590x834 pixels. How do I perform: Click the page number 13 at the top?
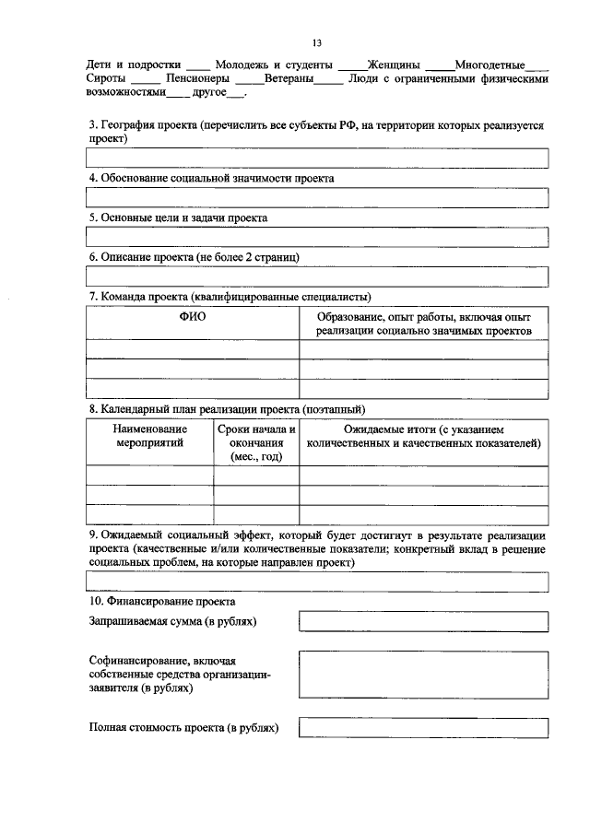click(x=316, y=42)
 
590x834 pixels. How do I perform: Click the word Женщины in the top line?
click(x=395, y=65)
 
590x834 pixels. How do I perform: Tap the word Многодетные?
click(x=490, y=65)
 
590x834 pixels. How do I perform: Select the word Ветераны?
click(x=289, y=79)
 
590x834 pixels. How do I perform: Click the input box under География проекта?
click(x=317, y=158)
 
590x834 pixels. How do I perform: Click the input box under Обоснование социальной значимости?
click(x=317, y=197)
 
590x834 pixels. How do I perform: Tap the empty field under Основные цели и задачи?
click(x=317, y=237)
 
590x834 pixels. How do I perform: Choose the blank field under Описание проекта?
click(x=317, y=276)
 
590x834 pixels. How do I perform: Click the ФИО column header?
click(x=192, y=317)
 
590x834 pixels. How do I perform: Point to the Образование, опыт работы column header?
click(x=423, y=323)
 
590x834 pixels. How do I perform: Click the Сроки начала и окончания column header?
click(x=256, y=442)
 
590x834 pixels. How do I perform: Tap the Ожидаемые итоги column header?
click(x=423, y=436)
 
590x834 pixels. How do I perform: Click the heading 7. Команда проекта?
click(x=230, y=297)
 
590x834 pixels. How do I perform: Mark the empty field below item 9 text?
click(x=317, y=581)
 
